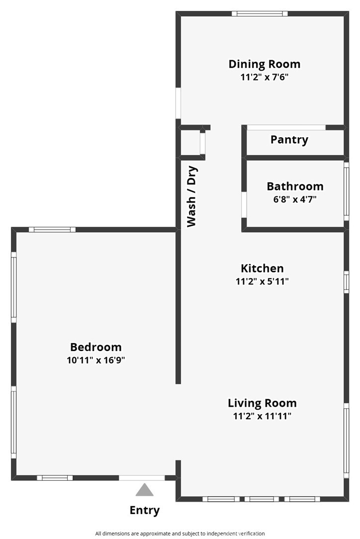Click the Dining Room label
coord(264,64)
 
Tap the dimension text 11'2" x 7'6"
coord(264,77)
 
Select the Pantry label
coord(289,140)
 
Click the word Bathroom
coord(295,186)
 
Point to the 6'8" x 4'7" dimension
coord(295,199)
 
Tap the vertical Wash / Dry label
coord(192,196)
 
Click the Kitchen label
coord(262,269)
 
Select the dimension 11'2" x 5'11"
coord(262,281)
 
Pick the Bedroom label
coord(95,347)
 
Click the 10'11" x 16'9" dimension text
coord(95,360)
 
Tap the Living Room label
coord(262,403)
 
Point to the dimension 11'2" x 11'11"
coord(262,416)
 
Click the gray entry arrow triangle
coord(145,490)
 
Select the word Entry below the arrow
coord(145,510)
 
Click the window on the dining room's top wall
coord(260,13)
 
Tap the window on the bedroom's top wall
coord(52,230)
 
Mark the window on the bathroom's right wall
coord(347,191)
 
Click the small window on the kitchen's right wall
coord(347,281)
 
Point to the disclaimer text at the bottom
coord(180,534)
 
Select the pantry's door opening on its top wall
coord(286,127)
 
